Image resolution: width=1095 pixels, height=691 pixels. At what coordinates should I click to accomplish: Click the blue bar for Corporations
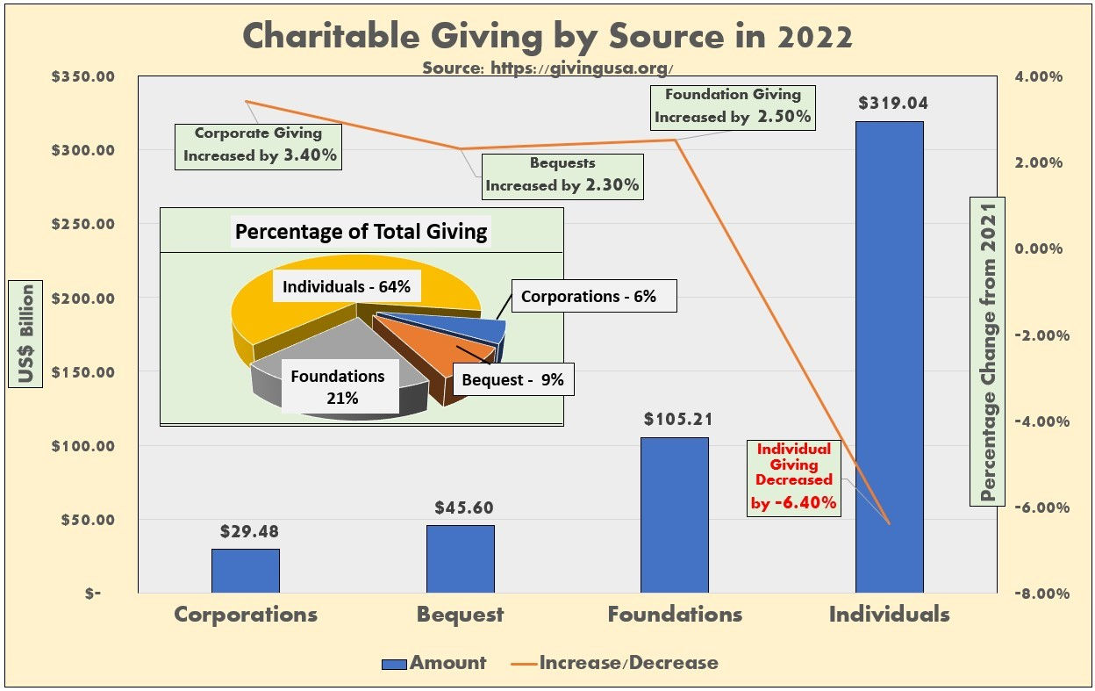point(245,571)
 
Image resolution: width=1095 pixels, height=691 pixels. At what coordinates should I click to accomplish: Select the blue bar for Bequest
point(460,558)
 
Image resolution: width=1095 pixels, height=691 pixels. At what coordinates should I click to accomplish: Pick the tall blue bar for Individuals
point(889,351)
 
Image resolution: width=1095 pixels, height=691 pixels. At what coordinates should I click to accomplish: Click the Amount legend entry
point(434,663)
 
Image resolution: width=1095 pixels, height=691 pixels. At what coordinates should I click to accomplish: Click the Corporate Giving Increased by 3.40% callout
point(258,145)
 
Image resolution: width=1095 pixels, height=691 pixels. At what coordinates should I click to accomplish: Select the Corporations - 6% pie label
point(588,297)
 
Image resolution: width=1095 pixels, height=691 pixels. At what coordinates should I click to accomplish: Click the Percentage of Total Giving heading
point(361,233)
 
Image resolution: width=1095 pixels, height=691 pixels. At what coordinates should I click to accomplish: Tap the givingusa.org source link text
point(547,68)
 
